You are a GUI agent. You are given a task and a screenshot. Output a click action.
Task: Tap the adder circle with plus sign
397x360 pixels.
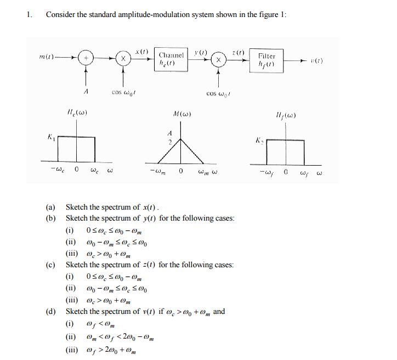86,58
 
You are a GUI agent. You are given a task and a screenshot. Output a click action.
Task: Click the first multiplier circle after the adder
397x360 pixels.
123,58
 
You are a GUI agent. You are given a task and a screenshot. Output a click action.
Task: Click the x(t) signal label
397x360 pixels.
142,50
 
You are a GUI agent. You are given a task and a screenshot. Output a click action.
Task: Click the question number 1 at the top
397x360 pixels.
29,15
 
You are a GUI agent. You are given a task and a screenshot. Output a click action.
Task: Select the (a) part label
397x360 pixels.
50,207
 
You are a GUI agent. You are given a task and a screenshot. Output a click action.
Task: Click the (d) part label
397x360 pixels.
50,312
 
